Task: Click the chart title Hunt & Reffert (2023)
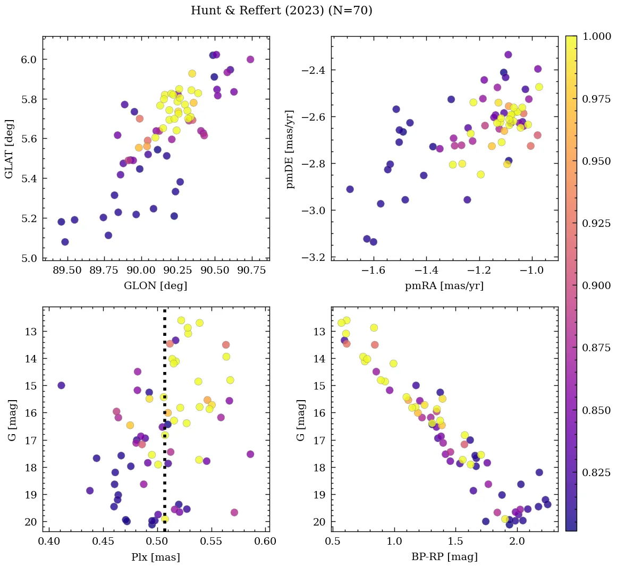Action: click(281, 11)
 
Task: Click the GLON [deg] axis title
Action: click(155, 285)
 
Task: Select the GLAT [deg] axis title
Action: click(9, 149)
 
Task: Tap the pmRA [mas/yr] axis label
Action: click(444, 285)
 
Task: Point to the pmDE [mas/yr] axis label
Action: click(290, 149)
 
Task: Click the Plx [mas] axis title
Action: click(155, 557)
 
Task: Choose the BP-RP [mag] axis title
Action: click(444, 557)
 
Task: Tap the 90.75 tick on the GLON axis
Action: click(251, 270)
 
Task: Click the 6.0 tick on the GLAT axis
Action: click(29, 60)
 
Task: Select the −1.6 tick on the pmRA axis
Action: click(373, 270)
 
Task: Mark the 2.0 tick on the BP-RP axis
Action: click(517, 541)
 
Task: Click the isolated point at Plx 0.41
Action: click(61, 385)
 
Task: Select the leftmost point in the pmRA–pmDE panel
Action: click(350, 189)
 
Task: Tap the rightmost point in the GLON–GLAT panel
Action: click(250, 60)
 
